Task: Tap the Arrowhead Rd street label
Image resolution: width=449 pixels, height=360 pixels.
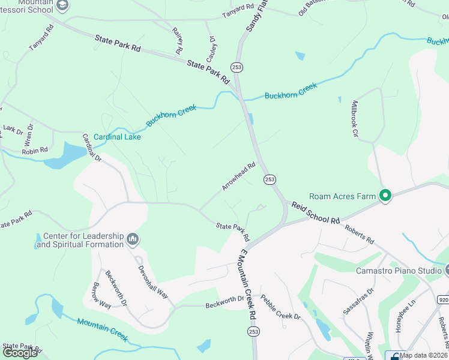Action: point(239,176)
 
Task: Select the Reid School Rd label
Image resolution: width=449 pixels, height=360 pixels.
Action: point(316,213)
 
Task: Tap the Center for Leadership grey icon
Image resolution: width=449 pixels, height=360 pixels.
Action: point(133,240)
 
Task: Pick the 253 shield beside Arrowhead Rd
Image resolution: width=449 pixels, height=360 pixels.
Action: point(270,179)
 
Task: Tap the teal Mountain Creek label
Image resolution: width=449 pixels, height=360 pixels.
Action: point(102,330)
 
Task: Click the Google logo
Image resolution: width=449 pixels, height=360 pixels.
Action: point(19,353)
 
